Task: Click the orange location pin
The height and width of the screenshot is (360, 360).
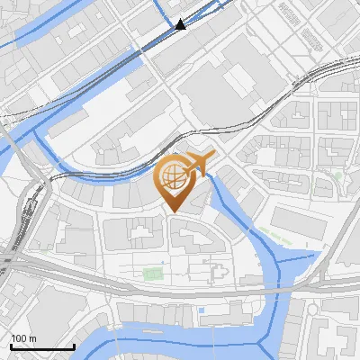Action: (x=173, y=181)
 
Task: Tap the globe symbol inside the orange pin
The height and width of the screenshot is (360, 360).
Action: (x=173, y=174)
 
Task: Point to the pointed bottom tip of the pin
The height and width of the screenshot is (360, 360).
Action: (x=173, y=212)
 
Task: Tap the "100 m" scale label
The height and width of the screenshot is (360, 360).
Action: (x=24, y=338)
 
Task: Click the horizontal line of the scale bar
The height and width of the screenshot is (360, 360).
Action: (x=41, y=346)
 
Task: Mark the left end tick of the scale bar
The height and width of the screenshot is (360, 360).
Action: (x=10, y=345)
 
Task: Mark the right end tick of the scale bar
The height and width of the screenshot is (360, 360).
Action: (x=74, y=345)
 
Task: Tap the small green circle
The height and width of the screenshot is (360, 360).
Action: (x=337, y=176)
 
